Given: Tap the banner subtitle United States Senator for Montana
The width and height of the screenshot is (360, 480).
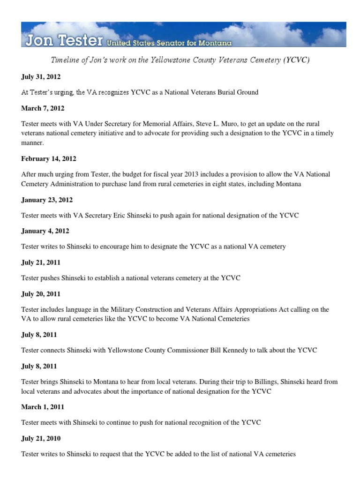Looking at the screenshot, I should (169, 43).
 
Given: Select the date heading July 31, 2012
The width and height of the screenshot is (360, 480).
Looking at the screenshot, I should (41, 76).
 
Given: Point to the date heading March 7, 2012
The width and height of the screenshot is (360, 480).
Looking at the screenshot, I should (43, 108).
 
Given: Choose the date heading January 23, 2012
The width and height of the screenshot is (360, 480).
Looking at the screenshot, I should (47, 200).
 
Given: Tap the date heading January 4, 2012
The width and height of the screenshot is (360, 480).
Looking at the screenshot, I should (45, 231).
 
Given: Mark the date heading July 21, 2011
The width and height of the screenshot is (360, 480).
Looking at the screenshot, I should (41, 262).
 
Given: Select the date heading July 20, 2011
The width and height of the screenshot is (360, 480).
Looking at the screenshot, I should (41, 294).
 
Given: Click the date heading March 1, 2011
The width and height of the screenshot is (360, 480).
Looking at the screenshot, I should (43, 407).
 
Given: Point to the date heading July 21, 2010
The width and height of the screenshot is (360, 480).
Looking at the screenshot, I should (41, 438).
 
